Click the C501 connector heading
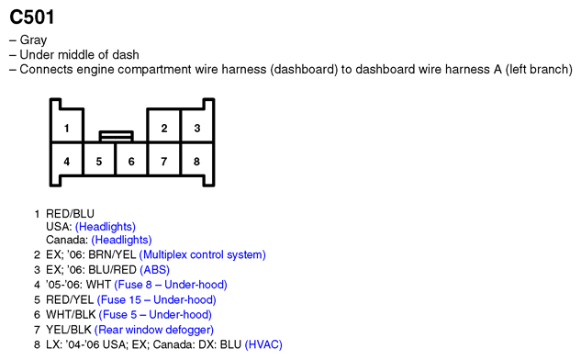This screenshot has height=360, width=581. [32, 17]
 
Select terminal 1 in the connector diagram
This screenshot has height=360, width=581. [67, 126]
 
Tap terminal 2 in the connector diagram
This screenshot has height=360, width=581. [163, 126]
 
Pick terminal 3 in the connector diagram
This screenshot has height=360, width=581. [196, 126]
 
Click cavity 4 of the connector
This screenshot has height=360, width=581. [67, 159]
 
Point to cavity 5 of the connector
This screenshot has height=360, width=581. [99, 159]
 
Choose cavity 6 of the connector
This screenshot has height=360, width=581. [131, 159]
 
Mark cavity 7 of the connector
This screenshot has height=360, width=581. [163, 159]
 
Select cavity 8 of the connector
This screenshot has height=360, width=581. [196, 159]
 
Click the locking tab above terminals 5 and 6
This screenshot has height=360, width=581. [116, 136]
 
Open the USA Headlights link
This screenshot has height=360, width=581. [106, 227]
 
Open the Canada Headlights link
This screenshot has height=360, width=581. [121, 240]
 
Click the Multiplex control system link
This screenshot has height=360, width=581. [202, 254]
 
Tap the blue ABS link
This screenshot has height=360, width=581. [154, 269]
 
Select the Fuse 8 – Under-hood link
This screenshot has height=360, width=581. [171, 285]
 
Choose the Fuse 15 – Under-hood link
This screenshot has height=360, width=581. [156, 299]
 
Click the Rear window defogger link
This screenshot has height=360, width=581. [154, 330]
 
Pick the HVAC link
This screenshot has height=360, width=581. [263, 344]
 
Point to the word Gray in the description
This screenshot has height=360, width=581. [33, 40]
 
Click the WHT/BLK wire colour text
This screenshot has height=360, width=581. [71, 314]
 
